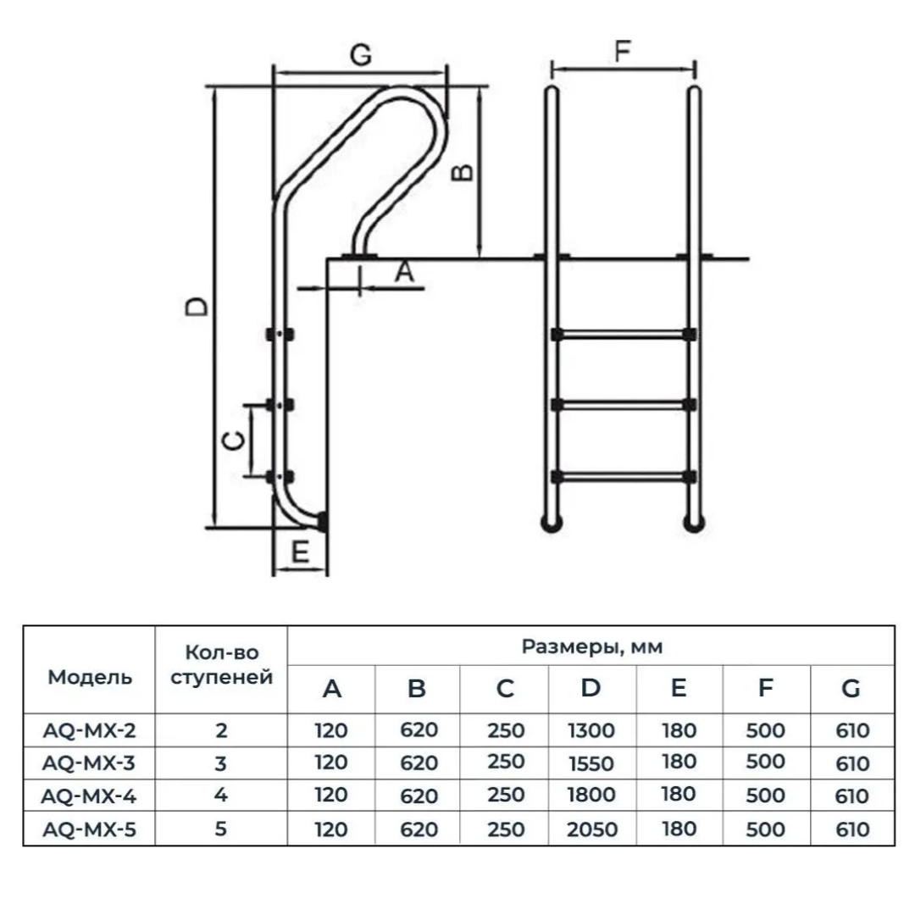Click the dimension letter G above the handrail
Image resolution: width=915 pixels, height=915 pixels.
point(361,54)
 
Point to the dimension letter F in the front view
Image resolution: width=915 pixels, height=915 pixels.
point(623,51)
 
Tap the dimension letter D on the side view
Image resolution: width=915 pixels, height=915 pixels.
point(196,307)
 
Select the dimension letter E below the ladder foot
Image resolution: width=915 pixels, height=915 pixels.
point(300,552)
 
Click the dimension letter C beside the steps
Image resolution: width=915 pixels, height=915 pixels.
point(235,441)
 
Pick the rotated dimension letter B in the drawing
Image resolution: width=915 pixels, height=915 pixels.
point(463,172)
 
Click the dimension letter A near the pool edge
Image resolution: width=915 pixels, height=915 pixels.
point(404,272)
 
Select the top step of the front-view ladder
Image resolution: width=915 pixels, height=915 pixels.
point(623,335)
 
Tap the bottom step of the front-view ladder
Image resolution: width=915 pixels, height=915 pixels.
point(623,477)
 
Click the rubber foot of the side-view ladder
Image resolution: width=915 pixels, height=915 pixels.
point(322,521)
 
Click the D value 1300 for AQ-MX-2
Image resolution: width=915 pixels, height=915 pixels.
point(591,730)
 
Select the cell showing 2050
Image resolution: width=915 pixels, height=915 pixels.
point(591,829)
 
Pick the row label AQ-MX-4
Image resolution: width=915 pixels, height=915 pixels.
point(89,796)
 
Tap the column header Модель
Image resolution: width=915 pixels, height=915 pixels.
point(90,677)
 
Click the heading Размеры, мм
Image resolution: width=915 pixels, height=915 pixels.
point(591,646)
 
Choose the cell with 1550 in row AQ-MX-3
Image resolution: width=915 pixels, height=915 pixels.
point(591,763)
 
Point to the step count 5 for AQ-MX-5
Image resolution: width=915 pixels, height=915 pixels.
point(220,829)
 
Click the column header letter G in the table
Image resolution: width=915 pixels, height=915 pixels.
point(851,688)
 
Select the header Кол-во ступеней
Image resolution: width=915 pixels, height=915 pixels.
point(222,665)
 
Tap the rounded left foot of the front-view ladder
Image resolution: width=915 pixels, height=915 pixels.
point(552,522)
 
